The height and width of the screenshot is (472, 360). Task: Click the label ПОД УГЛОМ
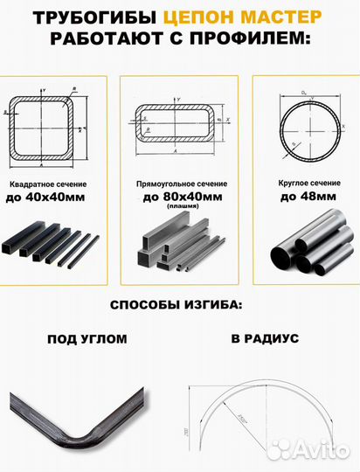(x=87, y=338)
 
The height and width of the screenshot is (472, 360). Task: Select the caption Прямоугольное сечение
(x=179, y=184)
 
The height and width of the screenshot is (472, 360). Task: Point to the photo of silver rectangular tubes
(x=179, y=246)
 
